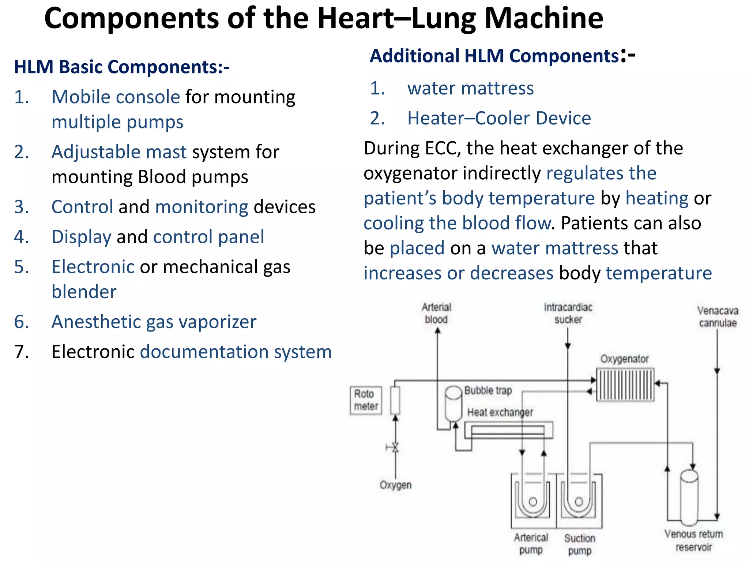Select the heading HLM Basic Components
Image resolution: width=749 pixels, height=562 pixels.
121,67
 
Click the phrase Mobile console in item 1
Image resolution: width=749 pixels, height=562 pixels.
116,97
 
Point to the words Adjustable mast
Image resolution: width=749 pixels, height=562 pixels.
119,152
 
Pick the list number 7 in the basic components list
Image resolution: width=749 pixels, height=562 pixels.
21,352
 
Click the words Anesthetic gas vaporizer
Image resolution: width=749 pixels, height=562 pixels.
154,322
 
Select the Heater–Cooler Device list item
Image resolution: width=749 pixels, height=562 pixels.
499,118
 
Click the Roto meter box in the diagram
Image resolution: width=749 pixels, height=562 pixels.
366,400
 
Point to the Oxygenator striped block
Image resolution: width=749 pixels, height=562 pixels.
625,385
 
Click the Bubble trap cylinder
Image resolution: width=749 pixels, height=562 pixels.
453,404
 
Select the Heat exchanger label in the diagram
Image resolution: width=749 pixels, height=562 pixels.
500,412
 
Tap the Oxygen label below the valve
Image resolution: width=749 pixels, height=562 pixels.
395,485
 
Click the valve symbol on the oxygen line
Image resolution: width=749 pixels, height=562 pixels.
395,447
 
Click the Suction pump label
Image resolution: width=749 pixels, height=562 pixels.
579,544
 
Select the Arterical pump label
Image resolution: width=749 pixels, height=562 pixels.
531,543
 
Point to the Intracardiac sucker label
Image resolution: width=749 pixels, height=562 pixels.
568,313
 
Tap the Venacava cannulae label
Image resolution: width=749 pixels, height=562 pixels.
718,317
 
